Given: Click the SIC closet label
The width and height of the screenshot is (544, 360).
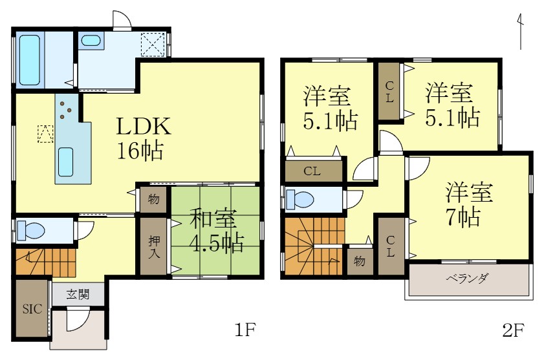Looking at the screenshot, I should tap(32, 309).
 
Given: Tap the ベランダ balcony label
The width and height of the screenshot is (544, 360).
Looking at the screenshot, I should tap(467, 279).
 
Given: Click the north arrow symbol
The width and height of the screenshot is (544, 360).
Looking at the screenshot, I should tap(520, 31).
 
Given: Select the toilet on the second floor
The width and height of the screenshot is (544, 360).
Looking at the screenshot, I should tap(299, 199).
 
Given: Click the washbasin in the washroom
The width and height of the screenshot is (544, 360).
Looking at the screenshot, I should tap(91, 41).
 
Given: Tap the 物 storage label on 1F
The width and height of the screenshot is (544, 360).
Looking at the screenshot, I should tap(153, 200).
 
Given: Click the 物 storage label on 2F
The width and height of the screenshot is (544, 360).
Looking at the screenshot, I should tap(359, 262).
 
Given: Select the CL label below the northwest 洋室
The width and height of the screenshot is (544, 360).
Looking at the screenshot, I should tap(312, 171).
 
